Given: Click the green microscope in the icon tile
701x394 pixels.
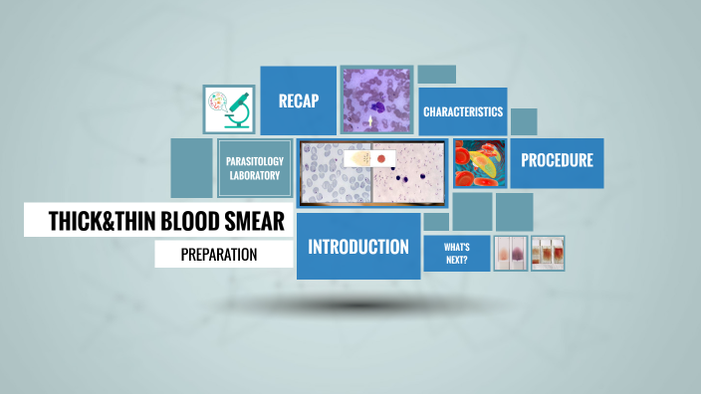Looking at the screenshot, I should coord(237,108).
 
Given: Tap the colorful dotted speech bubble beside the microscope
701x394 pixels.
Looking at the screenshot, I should coord(218,102).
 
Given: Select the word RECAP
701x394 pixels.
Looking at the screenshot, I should coord(298,99).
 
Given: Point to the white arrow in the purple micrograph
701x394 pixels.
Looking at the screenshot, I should coord(372,121).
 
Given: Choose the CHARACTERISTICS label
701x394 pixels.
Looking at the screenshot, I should coord(462,111).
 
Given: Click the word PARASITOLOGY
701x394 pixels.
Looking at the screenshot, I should coord(255,161).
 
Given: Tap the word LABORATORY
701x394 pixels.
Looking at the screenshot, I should coord(255,176).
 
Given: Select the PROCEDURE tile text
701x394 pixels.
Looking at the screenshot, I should coord(557,160).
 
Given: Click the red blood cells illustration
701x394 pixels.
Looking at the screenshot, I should coord(479,163).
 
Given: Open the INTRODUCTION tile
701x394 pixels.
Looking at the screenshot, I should coord(357,247).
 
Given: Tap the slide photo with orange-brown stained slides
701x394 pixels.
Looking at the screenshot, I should coord(548,253).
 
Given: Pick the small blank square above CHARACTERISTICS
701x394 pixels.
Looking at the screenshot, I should coord(436,75).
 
